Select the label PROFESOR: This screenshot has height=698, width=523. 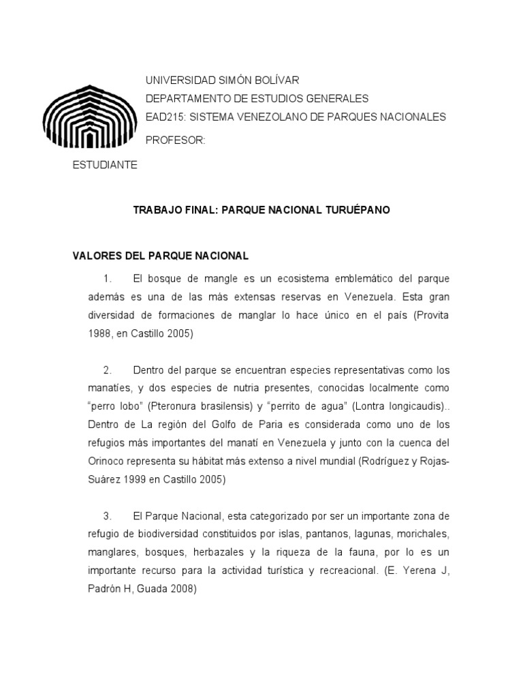point(175,140)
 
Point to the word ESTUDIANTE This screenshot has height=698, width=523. point(105,166)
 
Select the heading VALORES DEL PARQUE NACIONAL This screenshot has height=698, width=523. point(161,256)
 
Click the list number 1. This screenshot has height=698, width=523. point(107,279)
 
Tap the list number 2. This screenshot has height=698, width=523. point(107,370)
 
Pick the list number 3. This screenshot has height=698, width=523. point(107,516)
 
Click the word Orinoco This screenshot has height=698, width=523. point(93,461)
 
